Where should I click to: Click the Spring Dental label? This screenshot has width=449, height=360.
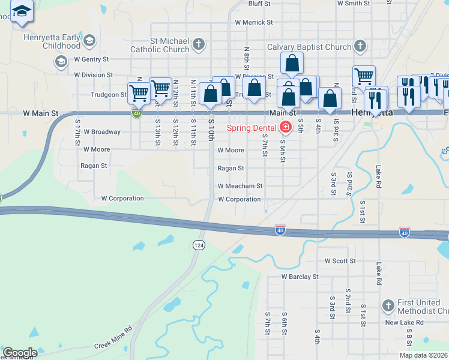coord(251,127)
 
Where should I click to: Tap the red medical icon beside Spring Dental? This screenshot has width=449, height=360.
coord(285,127)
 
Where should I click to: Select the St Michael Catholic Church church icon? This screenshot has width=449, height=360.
coord(199,43)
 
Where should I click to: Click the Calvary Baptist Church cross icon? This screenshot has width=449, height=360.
coord(360,46)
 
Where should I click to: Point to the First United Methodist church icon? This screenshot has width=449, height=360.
coord(388,306)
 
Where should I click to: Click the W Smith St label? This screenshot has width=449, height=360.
coord(354,3)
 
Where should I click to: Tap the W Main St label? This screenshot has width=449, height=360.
coord(41,113)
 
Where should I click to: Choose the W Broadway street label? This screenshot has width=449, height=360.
coord(102,131)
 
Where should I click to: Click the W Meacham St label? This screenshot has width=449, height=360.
coord(240,186)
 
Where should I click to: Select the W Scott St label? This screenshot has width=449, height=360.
coord(340,261)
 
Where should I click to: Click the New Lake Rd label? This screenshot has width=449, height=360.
coord(405,322)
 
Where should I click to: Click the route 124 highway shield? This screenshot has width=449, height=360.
coord(199,245)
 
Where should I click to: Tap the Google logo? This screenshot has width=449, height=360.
coord(20,353)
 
